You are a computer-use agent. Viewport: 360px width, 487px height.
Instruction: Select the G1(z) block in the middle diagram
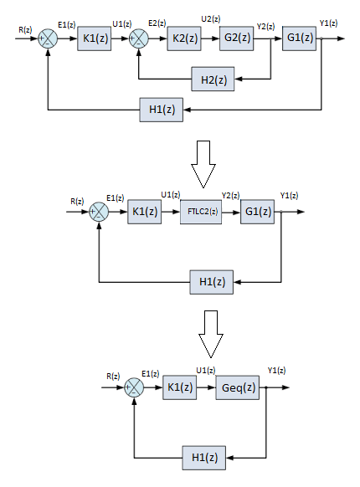pyautogui.click(x=259, y=211)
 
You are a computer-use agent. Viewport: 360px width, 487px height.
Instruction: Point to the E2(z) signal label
pyautogui.click(x=156, y=23)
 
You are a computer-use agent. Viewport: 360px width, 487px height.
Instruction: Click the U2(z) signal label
pyautogui.click(x=212, y=19)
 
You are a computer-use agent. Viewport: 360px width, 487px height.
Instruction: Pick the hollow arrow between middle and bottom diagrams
pyautogui.click(x=209, y=333)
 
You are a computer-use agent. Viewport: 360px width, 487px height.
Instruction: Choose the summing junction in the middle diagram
pyautogui.click(x=99, y=211)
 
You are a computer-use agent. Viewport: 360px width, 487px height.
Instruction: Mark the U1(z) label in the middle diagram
pyautogui.click(x=170, y=195)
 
